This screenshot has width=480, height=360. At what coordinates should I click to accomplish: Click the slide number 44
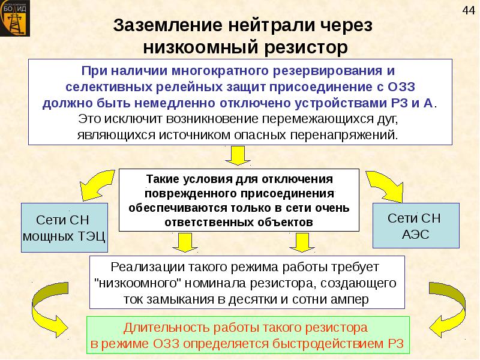(x=467, y=10)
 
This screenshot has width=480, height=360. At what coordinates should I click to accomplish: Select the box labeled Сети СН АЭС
(x=415, y=226)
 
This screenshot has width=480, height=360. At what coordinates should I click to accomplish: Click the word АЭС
(x=415, y=234)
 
